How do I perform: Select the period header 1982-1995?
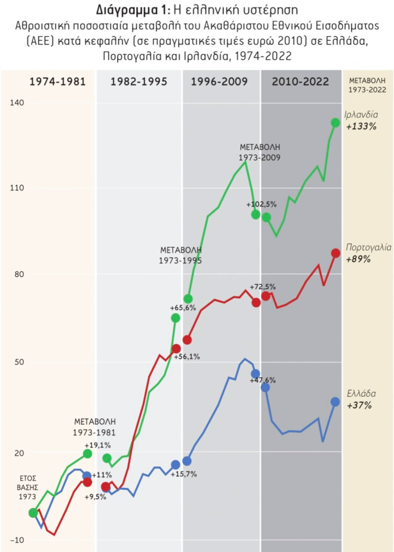(138, 82)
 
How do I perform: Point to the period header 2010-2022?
(301, 82)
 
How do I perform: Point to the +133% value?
(361, 127)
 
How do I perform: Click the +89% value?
(359, 259)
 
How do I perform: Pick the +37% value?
(359, 405)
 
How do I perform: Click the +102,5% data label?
(261, 205)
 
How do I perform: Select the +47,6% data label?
(263, 380)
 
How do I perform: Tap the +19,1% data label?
(98, 445)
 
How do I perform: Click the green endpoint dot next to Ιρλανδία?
(335, 123)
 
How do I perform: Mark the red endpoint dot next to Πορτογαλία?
(335, 253)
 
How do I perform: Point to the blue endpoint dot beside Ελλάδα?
(335, 402)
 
